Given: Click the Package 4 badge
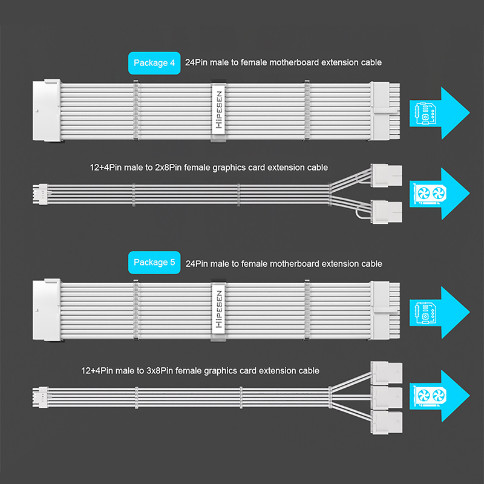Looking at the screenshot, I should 154,63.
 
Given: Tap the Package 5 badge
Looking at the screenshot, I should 154,263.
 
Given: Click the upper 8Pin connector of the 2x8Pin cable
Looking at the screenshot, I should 388,175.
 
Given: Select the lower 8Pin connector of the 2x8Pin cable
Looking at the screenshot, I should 388,212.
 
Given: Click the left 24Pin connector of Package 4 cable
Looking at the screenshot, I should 44,112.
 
